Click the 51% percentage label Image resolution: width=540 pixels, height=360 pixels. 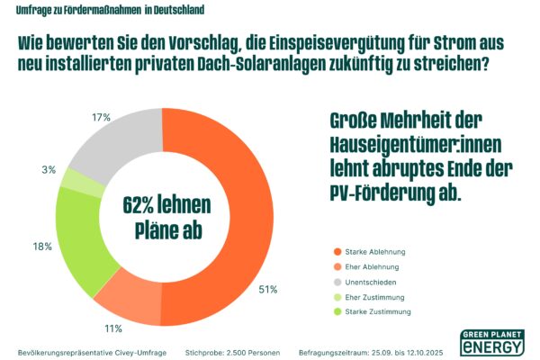267,289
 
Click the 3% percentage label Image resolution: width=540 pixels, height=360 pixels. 49,168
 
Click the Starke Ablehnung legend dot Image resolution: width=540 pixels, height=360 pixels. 337,252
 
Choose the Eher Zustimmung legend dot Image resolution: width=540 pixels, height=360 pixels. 337,297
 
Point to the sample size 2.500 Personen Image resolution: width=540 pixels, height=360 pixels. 248,351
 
